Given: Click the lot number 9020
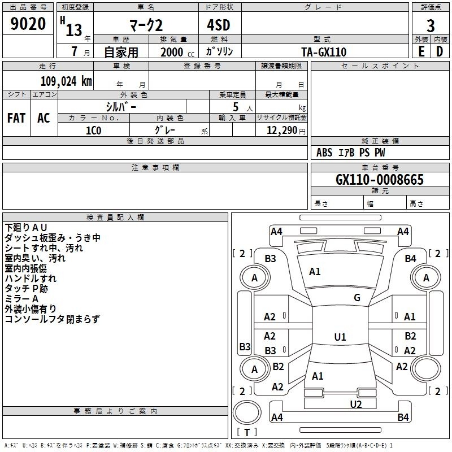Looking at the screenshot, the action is [28, 24].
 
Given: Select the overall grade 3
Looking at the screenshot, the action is [431, 26].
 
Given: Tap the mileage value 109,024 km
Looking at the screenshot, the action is [66, 81].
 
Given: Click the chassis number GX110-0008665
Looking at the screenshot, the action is [380, 179].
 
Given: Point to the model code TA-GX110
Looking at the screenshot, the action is [324, 52].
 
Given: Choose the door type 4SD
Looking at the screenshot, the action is [219, 25].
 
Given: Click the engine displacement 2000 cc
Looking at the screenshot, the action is [177, 52].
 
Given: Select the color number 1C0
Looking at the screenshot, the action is [94, 131].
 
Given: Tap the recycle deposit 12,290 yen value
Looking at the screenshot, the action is [286, 131].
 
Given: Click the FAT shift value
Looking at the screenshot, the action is [16, 118].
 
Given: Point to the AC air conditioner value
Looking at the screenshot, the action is [44, 118].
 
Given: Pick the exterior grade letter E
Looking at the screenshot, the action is [421, 51].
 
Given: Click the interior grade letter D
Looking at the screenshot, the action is [440, 51].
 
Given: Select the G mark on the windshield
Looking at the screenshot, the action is [357, 297].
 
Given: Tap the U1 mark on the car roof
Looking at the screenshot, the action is [340, 337].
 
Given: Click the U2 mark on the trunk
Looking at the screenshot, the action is [356, 404].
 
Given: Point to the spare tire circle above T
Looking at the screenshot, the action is [247, 412].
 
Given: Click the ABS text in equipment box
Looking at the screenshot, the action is [324, 153].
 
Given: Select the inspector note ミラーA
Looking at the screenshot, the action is [21, 299].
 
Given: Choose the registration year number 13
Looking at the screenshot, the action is [74, 31].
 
